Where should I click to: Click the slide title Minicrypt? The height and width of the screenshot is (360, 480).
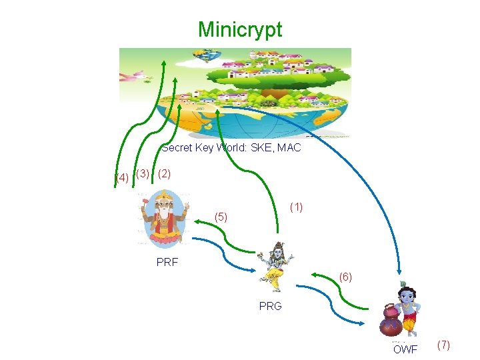coord(240,29)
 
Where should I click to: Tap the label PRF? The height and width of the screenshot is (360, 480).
coord(167,263)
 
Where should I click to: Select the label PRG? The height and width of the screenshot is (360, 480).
coord(271,307)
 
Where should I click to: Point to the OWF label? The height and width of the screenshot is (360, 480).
coord(405,349)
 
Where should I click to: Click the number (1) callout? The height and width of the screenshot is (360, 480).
coord(296,207)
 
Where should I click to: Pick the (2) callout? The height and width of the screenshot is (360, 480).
coord(165,173)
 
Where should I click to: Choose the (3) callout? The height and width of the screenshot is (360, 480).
coord(142,174)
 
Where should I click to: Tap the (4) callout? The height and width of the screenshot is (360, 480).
coord(121,178)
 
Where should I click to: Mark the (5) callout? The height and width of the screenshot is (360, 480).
coord(221,217)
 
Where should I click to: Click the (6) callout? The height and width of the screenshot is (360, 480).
coord(345,276)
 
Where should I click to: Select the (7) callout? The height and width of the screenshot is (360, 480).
coord(443,345)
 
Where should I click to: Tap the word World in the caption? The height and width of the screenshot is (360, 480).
coord(225,147)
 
